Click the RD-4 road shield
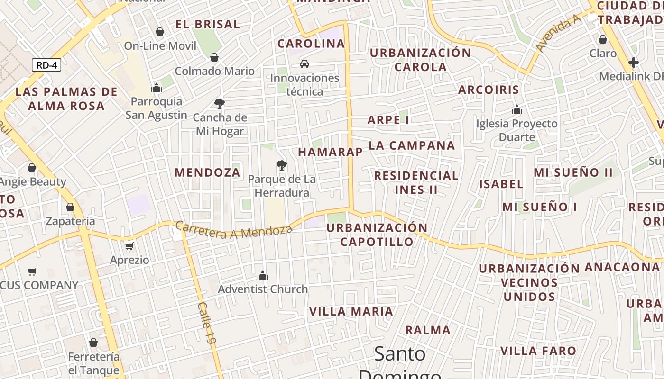click(x=46, y=65)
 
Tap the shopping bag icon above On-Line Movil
click(x=160, y=32)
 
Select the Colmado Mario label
click(x=214, y=71)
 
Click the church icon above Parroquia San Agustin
click(x=157, y=88)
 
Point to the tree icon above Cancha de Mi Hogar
click(x=219, y=103)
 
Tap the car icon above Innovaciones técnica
click(x=304, y=63)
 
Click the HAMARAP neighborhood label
click(x=330, y=152)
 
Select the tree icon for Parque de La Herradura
click(x=282, y=165)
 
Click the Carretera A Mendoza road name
click(x=234, y=230)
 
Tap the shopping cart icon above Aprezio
click(x=129, y=246)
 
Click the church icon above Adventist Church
click(x=262, y=275)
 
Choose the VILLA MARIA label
click(x=351, y=312)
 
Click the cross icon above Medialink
click(x=633, y=62)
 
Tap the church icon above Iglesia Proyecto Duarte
click(x=517, y=110)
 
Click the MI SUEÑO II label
click(x=573, y=172)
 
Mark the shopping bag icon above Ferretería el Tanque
click(x=93, y=342)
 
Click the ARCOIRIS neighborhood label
click(x=489, y=90)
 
